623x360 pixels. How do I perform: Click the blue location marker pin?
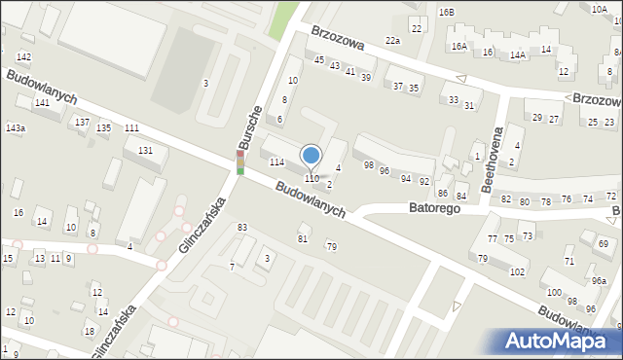coord(311,156)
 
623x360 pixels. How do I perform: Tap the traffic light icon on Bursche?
coord(240,162)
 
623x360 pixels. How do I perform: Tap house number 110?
coord(311,179)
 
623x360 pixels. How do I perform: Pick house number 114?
coord(276,162)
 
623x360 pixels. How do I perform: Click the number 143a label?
coord(16,128)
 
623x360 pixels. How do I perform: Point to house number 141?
coord(42,102)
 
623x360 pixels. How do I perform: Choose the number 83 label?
coord(241,228)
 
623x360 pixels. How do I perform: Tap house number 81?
coord(303,238)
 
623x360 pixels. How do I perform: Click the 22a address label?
coord(392,41)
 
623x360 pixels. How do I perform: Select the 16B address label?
coord(446,12)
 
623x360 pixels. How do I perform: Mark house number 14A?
coord(518,55)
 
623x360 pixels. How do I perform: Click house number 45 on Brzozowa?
coord(319,60)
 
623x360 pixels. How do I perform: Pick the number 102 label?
coord(517,271)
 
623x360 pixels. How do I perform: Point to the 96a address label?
coord(598,281)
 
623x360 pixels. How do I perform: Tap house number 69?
coord(604,243)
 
